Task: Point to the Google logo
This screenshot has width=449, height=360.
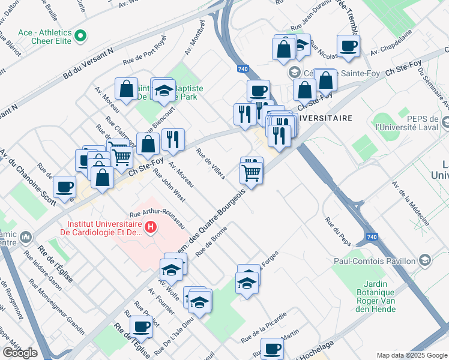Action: click(x=20, y=353)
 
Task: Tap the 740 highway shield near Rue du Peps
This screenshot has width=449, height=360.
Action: click(x=372, y=238)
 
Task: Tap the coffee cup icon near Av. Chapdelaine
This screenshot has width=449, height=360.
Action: click(x=348, y=46)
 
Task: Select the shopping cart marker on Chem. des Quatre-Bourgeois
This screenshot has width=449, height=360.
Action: click(x=252, y=173)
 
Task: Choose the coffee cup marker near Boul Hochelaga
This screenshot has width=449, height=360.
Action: click(x=272, y=348)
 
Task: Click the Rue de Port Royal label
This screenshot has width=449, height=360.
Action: click(x=144, y=53)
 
